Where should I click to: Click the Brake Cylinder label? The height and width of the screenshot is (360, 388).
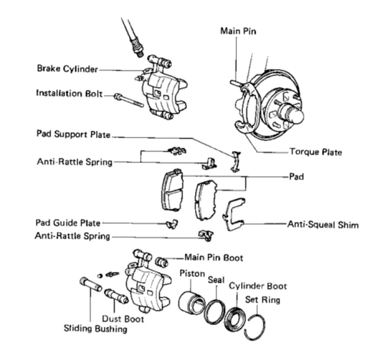[68, 68]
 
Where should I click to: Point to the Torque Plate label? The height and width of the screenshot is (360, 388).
[315, 152]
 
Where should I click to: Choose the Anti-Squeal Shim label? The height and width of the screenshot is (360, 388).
[323, 225]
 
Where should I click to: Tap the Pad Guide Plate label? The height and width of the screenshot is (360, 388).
[68, 223]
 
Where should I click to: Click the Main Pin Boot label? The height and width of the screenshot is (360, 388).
[214, 258]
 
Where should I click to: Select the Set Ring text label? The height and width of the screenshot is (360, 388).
[263, 301]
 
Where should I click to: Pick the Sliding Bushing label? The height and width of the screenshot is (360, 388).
[96, 329]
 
